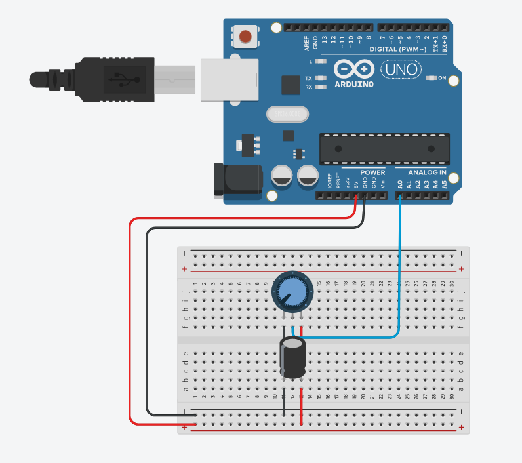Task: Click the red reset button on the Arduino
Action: [247, 36]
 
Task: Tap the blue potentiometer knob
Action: [292, 291]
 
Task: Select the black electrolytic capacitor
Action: [292, 358]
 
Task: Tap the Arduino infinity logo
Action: [353, 69]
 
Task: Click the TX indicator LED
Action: [320, 78]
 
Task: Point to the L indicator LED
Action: [320, 61]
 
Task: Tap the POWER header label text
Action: [372, 173]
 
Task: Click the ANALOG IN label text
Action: [427, 173]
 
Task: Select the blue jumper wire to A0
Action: [399, 275]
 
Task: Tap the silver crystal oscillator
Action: [287, 114]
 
